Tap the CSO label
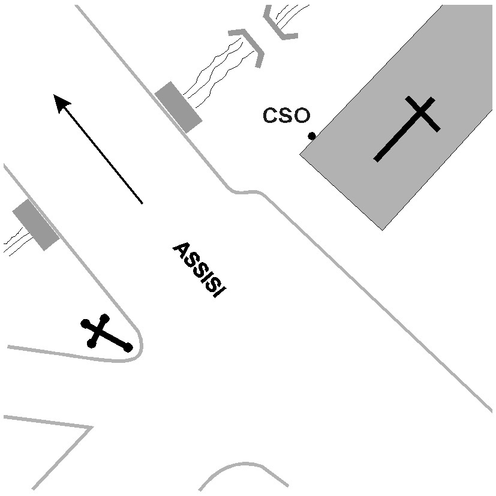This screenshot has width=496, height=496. (x=286, y=116)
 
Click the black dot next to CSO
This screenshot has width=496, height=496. (x=312, y=136)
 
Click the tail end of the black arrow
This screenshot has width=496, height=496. (x=142, y=203)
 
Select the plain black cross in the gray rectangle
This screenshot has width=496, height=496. (x=407, y=128)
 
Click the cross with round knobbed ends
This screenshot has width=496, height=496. (x=106, y=333)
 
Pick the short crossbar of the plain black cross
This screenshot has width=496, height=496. (x=423, y=113)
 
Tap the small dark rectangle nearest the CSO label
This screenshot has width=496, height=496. (x=178, y=107)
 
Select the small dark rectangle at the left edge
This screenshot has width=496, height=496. (x=35, y=225)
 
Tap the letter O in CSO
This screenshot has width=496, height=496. (x=302, y=116)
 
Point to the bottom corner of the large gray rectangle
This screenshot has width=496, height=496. (x=383, y=229)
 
